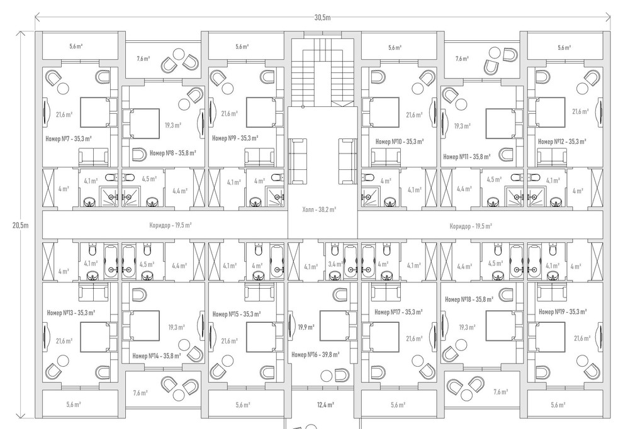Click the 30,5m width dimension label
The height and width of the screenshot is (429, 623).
pyautogui.click(x=322, y=17)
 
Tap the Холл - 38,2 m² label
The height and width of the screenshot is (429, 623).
pyautogui.click(x=319, y=209)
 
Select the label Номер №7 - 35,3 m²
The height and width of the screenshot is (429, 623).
pyautogui.click(x=69, y=138)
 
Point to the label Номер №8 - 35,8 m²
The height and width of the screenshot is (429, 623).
pyautogui.click(x=173, y=152)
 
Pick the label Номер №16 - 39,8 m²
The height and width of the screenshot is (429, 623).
pyautogui.click(x=315, y=354)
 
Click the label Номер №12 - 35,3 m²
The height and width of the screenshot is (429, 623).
pyautogui.click(x=562, y=142)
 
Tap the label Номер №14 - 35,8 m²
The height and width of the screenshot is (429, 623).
pyautogui.click(x=157, y=356)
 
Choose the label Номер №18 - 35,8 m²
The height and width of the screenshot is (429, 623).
pyautogui.click(x=469, y=299)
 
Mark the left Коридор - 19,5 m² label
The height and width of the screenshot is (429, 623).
pyautogui.click(x=171, y=225)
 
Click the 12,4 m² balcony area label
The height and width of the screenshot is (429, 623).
pyautogui.click(x=325, y=404)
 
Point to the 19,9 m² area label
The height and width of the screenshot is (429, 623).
pyautogui.click(x=306, y=327)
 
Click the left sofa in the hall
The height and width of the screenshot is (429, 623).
pyautogui.click(x=296, y=161)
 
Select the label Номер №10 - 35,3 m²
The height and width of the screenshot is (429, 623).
pyautogui.click(x=400, y=142)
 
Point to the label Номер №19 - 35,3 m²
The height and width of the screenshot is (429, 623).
pyautogui.click(x=563, y=312)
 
